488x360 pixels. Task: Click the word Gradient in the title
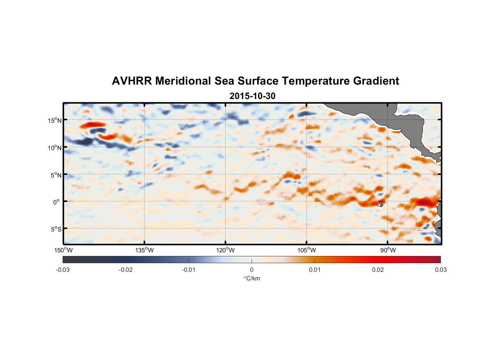(376, 81)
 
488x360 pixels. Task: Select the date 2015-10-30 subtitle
(252, 96)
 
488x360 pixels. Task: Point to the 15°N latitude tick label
(55, 120)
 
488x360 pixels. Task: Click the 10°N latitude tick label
(55, 148)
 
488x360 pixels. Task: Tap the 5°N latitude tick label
(56, 175)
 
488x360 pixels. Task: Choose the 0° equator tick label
(57, 202)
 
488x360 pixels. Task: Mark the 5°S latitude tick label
(56, 229)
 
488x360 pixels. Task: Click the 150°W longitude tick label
(63, 250)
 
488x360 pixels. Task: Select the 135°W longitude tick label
(144, 250)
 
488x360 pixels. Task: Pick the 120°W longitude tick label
(226, 250)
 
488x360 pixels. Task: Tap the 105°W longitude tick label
(307, 250)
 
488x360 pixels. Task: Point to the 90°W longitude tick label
(388, 250)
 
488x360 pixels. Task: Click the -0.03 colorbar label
(63, 270)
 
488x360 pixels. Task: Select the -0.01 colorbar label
(189, 270)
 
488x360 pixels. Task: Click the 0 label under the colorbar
(252, 270)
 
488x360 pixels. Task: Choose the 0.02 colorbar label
(378, 270)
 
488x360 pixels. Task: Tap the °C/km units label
(252, 278)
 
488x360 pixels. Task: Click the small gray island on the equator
(381, 204)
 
